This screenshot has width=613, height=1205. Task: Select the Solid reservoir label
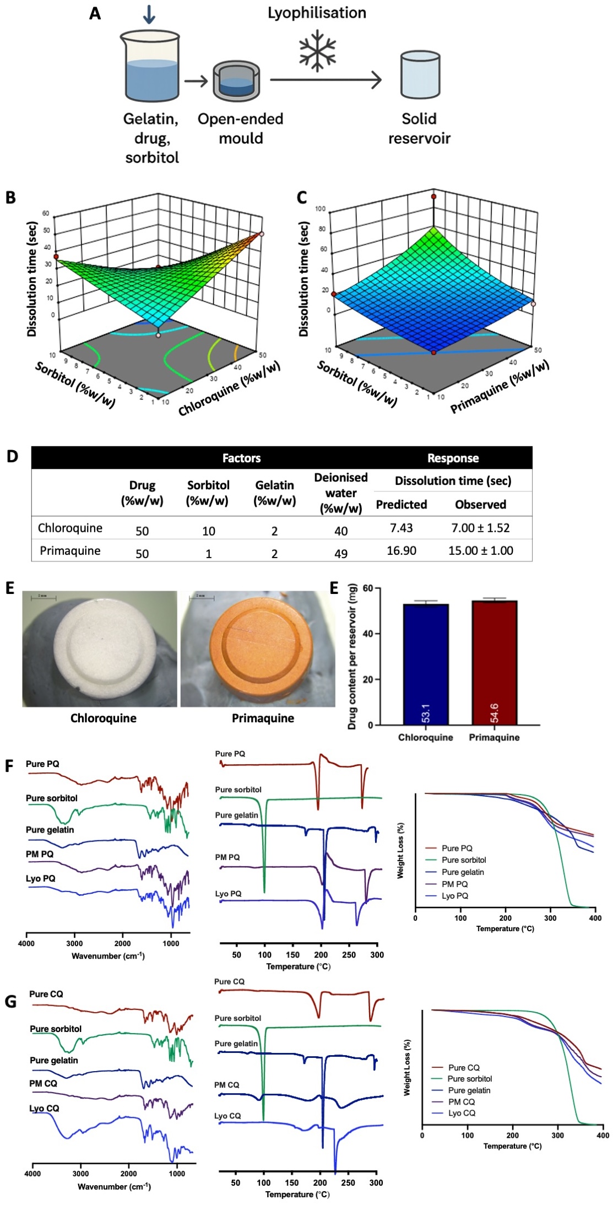(x=419, y=128)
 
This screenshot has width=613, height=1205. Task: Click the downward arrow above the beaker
(x=149, y=14)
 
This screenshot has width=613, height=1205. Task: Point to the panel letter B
(x=10, y=197)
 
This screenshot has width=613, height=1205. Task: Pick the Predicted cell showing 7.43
(x=401, y=528)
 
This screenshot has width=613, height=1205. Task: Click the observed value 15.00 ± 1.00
(x=480, y=550)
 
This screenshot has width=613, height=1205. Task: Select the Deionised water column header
(x=340, y=493)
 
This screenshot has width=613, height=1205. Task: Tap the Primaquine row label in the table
(x=70, y=550)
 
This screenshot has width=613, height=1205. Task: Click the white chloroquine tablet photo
(x=100, y=649)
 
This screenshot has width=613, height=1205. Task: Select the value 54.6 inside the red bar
(x=494, y=713)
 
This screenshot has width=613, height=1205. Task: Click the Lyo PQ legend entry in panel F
(x=454, y=896)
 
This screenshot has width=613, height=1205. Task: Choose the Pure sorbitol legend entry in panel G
(x=469, y=1079)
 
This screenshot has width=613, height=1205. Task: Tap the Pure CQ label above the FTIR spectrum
(x=46, y=994)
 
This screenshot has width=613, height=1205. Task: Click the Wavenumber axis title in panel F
(x=108, y=956)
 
